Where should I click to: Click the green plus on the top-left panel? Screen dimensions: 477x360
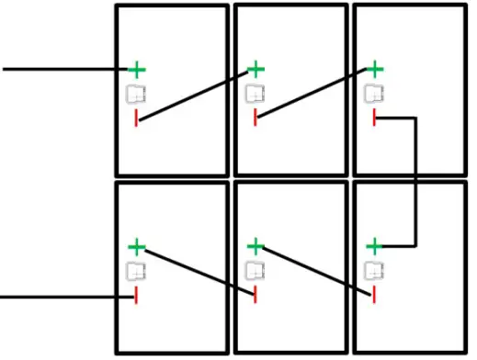(x=137, y=69)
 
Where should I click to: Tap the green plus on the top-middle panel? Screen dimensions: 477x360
(x=256, y=69)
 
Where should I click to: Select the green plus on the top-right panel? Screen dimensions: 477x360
(x=374, y=69)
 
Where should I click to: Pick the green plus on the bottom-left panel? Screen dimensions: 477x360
(x=137, y=246)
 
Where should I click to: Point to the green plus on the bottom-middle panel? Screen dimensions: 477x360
(x=256, y=246)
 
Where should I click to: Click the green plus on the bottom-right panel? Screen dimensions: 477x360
(x=374, y=246)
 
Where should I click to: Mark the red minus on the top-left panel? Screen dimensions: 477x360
(x=137, y=118)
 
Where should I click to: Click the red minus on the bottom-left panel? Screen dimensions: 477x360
(x=137, y=296)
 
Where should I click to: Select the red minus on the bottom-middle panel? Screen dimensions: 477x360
(x=256, y=295)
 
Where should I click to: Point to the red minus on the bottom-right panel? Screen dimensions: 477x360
(x=374, y=295)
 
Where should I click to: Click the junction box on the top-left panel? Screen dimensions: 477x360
(x=136, y=94)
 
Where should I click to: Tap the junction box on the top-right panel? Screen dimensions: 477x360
(x=373, y=94)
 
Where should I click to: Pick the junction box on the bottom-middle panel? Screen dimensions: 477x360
(x=255, y=271)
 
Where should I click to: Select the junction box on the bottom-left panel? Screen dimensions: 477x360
(x=136, y=271)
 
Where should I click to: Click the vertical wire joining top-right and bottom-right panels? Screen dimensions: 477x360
(x=418, y=184)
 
